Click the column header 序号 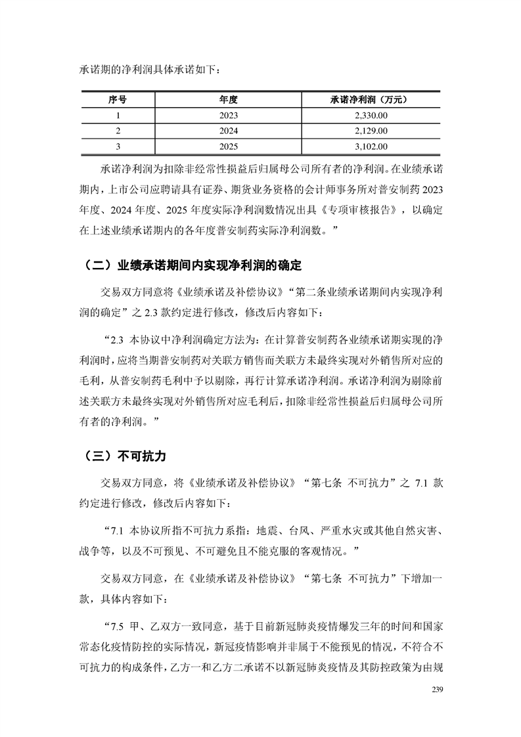coord(118,100)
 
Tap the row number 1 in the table coord(118,115)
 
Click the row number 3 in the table coord(118,146)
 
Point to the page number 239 coord(438,690)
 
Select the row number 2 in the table coord(118,131)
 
